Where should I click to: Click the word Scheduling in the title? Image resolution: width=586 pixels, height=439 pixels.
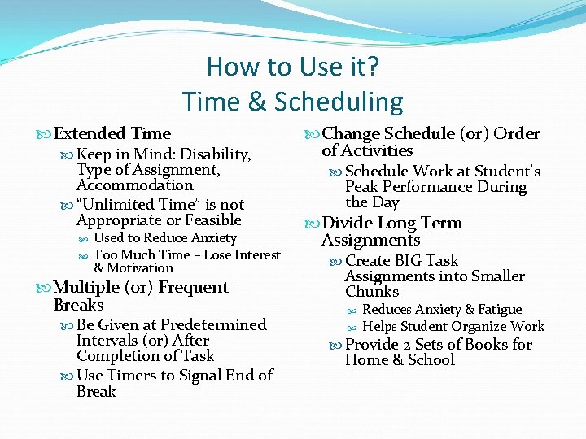click(339, 102)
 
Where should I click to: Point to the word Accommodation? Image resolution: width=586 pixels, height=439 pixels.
click(135, 185)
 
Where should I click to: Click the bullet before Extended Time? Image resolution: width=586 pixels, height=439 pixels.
click(45, 134)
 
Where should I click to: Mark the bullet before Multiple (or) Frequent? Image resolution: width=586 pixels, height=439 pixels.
click(45, 288)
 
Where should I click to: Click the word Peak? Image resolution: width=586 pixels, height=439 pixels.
click(363, 187)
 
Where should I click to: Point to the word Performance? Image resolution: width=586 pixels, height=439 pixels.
click(436, 187)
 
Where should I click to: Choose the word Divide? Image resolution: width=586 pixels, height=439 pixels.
click(348, 224)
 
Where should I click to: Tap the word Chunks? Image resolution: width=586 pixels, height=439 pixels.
click(372, 292)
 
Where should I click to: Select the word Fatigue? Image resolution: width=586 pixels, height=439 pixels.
click(496, 310)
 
